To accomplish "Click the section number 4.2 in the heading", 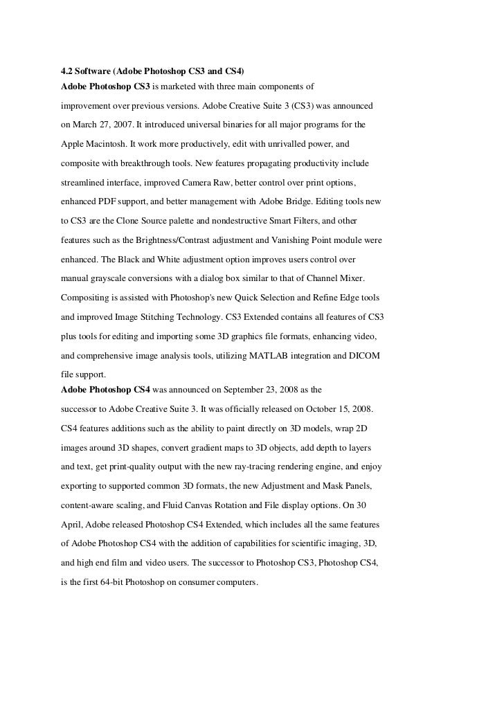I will click(x=67, y=72).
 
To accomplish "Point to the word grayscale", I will click(x=109, y=278).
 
